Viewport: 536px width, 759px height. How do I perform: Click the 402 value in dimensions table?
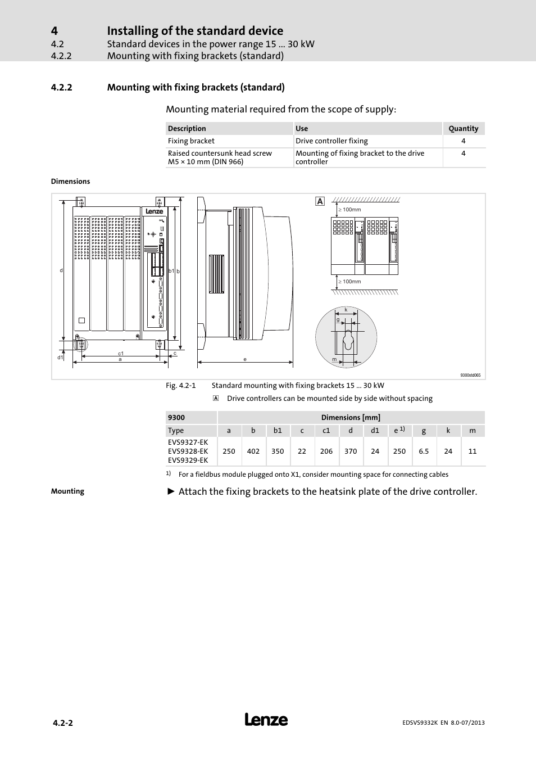pos(253,451)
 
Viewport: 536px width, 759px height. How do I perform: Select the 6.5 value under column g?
pos(424,451)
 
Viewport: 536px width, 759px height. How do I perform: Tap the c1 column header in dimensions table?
pos(326,431)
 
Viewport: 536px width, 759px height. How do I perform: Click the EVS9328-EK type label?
pos(188,451)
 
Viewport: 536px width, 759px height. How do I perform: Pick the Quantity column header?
pos(464,128)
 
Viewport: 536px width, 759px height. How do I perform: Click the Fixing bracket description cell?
pos(191,141)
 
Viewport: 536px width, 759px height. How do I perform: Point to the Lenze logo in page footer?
pos(266,720)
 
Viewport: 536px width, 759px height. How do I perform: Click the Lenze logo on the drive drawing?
pos(155,211)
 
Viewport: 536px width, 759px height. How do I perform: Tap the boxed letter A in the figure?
pos(320,201)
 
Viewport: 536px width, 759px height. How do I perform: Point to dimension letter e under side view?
pos(245,359)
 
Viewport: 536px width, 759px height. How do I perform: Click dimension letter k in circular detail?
pos(346,310)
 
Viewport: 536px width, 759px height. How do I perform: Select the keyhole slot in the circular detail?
pos(348,340)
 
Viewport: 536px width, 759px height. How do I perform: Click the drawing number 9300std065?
pos(470,375)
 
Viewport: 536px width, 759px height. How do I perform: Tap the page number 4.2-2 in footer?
pos(62,723)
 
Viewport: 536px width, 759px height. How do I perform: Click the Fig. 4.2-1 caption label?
pos(180,386)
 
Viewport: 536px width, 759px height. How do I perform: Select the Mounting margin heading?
pos(67,491)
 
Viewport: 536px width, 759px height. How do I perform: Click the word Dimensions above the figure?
pos(70,182)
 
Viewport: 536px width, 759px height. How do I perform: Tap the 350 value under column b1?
pos(278,451)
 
